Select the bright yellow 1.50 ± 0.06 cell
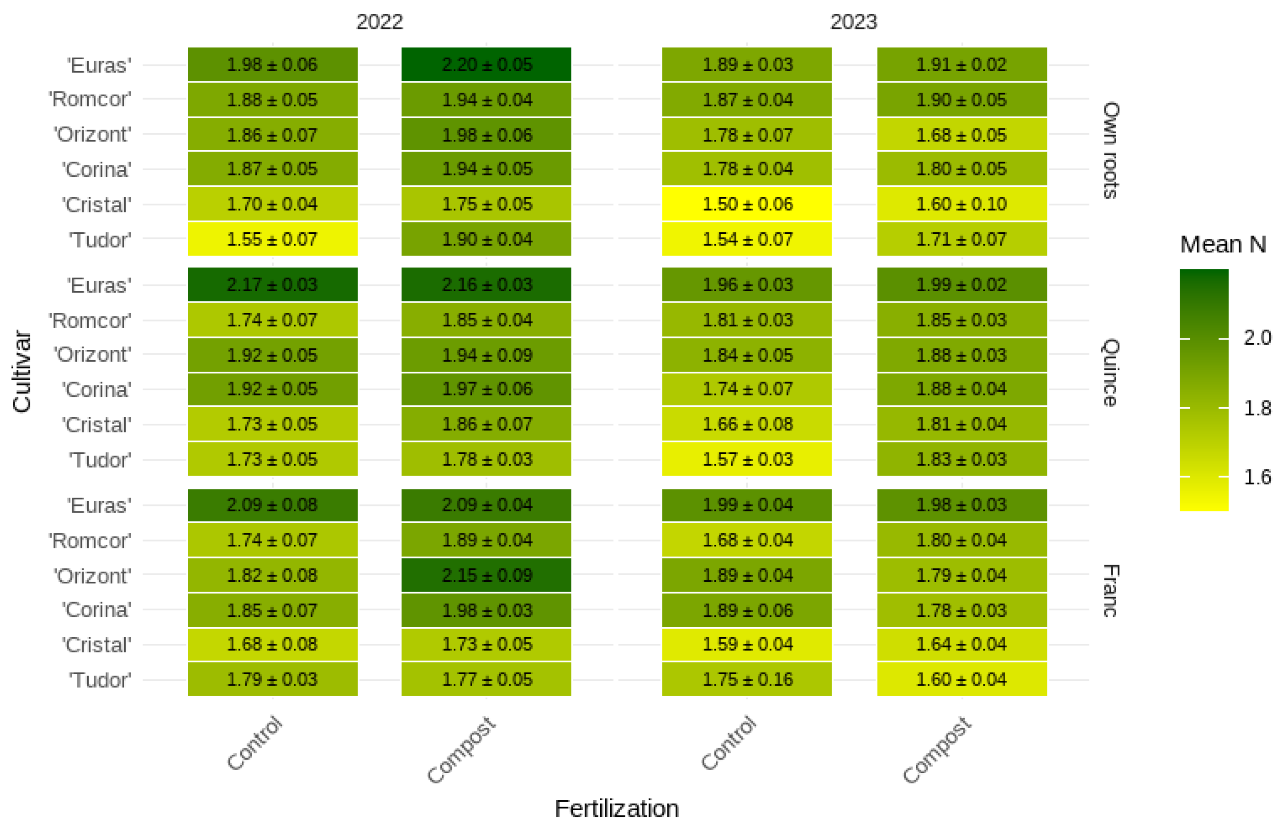[x=746, y=204]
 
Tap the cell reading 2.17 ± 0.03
[x=272, y=284]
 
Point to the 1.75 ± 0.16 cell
[x=746, y=679]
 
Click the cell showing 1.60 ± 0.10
[x=961, y=204]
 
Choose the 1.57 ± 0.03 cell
[x=746, y=459]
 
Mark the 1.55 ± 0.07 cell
[x=272, y=239]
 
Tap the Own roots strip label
[x=1110, y=150]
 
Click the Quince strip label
[x=1110, y=372]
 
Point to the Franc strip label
[x=1110, y=590]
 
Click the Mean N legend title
[x=1223, y=244]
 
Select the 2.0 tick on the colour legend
[x=1256, y=338]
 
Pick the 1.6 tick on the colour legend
[x=1256, y=476]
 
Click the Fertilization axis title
[x=616, y=809]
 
